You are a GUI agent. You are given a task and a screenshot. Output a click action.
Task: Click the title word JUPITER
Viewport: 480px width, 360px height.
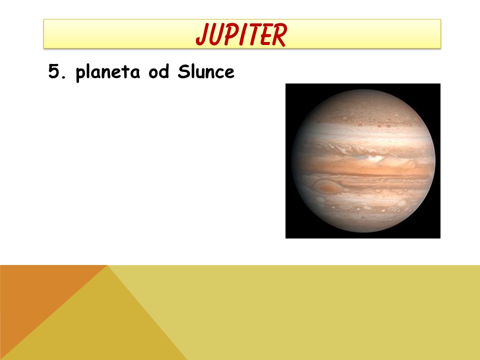coord(241,34)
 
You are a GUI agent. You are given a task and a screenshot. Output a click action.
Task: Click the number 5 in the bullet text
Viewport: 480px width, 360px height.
coord(53,71)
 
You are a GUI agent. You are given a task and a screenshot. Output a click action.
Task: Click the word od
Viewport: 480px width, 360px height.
coord(158,71)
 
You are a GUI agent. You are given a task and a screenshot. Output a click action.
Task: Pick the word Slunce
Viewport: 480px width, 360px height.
coord(206,71)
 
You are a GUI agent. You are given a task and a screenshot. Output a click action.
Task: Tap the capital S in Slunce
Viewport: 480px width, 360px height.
coord(183,71)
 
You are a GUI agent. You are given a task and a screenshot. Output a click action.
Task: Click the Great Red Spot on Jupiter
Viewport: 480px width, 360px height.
coord(327,187)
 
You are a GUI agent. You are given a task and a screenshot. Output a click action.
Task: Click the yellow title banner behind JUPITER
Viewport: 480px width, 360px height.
coord(242,33)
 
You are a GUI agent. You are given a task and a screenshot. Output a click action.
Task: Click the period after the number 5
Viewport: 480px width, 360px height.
coord(63,77)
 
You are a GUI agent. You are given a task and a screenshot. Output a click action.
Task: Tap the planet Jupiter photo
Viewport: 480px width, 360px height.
coord(363,161)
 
